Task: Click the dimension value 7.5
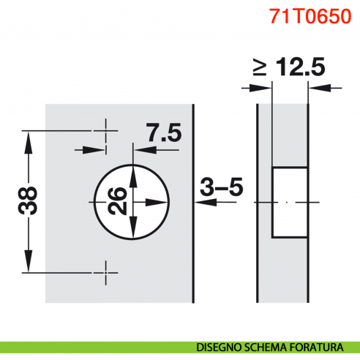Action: point(163,134)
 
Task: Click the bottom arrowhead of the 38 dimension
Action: point(29,263)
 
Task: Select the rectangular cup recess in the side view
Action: point(288,202)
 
